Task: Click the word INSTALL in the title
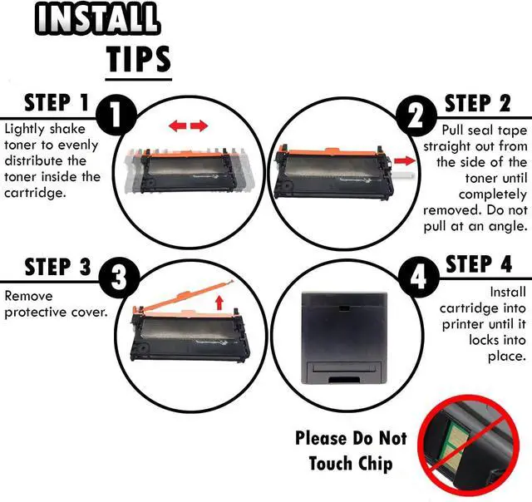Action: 97,18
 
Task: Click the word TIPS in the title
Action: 139,59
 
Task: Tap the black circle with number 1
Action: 116,116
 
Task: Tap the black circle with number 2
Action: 416,116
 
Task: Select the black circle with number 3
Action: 119,278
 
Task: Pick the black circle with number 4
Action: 419,278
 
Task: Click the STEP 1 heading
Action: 57,102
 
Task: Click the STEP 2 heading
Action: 478,103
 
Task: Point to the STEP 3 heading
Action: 57,267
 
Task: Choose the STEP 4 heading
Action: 479,264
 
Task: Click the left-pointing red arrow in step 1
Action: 177,126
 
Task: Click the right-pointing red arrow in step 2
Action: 405,160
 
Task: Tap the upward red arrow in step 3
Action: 219,303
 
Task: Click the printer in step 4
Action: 344,337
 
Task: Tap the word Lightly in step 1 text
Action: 24,130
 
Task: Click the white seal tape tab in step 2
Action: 404,175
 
